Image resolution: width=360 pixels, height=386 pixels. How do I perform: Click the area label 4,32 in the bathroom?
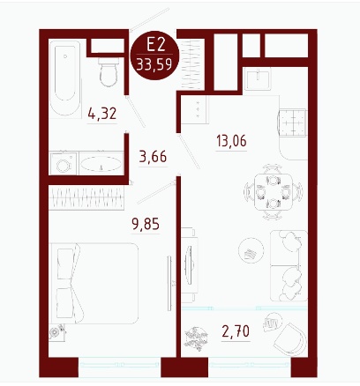102,114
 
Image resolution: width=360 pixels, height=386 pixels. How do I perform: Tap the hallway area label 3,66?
153,157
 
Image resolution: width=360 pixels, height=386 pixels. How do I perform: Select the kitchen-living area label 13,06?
231,141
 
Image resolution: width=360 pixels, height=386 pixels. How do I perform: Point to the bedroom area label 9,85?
146,224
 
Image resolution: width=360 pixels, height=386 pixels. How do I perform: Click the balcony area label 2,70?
236,331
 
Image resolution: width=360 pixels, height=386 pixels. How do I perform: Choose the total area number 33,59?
154,64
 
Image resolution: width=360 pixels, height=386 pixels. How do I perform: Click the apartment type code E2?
155,45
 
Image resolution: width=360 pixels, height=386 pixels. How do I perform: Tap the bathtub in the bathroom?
65,78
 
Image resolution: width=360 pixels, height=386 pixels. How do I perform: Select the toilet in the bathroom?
109,72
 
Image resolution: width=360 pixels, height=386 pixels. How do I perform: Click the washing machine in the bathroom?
64,164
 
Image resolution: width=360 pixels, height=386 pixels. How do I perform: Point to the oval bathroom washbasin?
101,164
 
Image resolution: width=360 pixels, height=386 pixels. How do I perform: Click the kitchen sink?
258,78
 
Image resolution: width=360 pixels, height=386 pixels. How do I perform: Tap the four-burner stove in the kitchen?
293,122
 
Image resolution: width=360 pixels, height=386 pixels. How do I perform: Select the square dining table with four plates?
273,192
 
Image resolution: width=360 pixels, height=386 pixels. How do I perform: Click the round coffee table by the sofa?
251,250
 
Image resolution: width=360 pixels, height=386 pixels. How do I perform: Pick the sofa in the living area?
289,265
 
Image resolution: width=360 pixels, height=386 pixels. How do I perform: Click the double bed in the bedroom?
94,284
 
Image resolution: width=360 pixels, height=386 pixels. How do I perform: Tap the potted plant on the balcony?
196,338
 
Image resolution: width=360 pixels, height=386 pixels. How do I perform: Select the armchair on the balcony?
290,340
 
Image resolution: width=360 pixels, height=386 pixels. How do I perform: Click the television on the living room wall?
189,265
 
